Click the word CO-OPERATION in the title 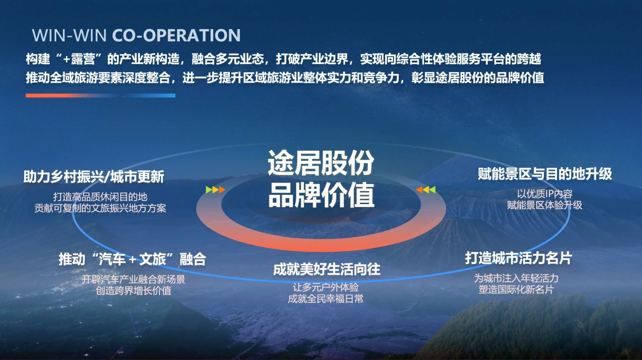pyautogui.click(x=176, y=35)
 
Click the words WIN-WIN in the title pyautogui.click(x=69, y=35)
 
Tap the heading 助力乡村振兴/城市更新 pyautogui.click(x=93, y=177)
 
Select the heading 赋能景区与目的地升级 pyautogui.click(x=544, y=174)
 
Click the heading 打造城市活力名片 pyautogui.click(x=518, y=258)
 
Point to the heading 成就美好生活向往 pyautogui.click(x=326, y=269)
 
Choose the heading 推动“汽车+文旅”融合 pyautogui.click(x=132, y=259)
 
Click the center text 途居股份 pyautogui.click(x=321, y=163)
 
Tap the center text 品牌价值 pyautogui.click(x=321, y=195)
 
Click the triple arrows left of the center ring pyautogui.click(x=215, y=190)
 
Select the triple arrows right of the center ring pyautogui.click(x=426, y=190)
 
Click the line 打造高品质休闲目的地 pyautogui.click(x=100, y=197)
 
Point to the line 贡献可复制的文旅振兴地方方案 pyautogui.click(x=100, y=208)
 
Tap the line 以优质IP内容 pyautogui.click(x=544, y=194)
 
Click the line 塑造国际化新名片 pyautogui.click(x=516, y=289)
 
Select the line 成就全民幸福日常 pyautogui.click(x=325, y=299)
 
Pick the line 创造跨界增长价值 pyautogui.click(x=133, y=291)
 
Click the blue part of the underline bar pyautogui.click(x=152, y=96)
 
